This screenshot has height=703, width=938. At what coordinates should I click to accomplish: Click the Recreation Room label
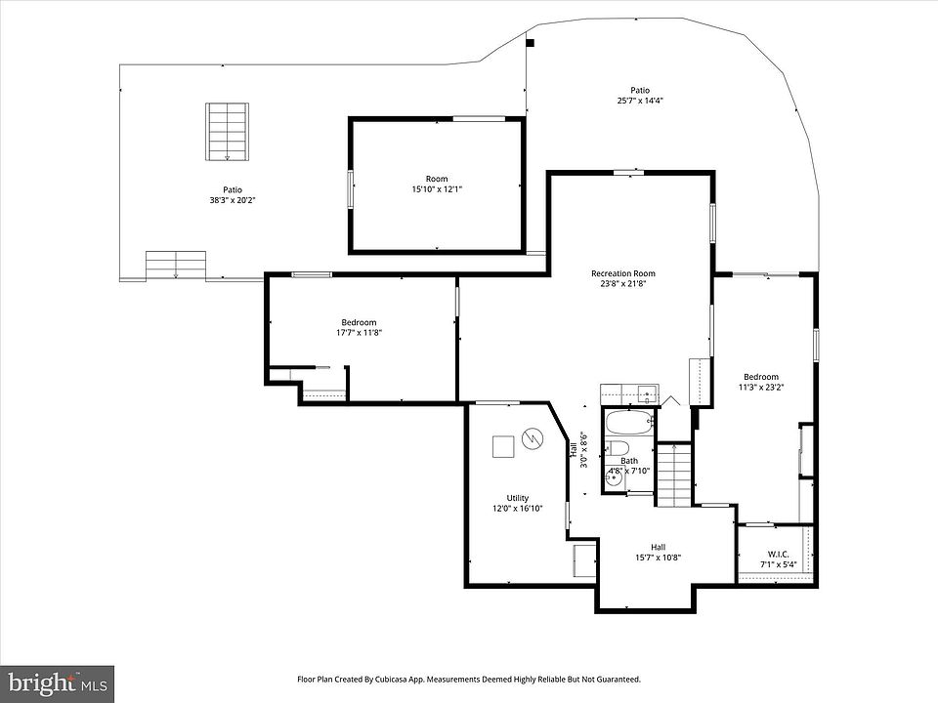(x=622, y=273)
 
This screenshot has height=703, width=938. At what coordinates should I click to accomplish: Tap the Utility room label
(x=518, y=498)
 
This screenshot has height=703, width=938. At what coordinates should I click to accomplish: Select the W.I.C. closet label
(x=779, y=555)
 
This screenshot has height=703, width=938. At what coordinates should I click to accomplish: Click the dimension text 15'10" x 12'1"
(x=437, y=189)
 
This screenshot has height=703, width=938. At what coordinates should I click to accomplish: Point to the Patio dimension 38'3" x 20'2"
(x=233, y=201)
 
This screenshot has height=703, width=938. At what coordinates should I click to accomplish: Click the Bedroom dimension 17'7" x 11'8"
(x=359, y=333)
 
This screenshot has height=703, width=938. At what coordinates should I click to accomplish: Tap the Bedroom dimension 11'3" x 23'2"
(x=761, y=387)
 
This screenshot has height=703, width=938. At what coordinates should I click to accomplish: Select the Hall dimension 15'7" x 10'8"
(x=658, y=558)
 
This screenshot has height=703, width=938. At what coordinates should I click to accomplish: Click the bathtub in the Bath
(x=629, y=423)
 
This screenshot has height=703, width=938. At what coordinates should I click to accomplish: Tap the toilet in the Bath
(x=617, y=448)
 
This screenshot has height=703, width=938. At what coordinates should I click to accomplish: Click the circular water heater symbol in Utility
(x=533, y=439)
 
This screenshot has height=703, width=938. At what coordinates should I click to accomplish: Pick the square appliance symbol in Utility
(x=503, y=446)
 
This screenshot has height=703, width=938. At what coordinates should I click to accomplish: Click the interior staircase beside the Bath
(x=674, y=475)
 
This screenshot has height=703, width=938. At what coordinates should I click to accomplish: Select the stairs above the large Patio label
(x=228, y=132)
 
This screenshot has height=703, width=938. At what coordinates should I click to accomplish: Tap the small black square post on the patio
(x=530, y=42)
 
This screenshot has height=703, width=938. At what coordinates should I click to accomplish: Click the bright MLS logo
(x=58, y=682)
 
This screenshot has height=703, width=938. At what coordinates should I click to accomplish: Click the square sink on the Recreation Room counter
(x=647, y=393)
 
